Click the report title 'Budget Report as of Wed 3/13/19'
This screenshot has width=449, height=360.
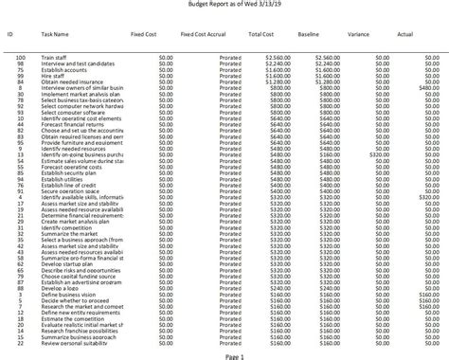(224, 5)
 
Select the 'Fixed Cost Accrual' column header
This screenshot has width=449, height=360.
(202, 34)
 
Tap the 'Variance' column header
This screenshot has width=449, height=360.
(358, 34)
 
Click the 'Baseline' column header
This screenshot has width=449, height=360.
(308, 34)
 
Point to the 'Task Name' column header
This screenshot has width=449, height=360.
(55, 34)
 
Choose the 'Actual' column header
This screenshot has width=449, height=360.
(405, 34)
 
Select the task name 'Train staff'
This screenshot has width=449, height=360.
(54, 58)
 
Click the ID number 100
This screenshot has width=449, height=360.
(20, 58)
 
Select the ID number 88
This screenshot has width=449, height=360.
(20, 287)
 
